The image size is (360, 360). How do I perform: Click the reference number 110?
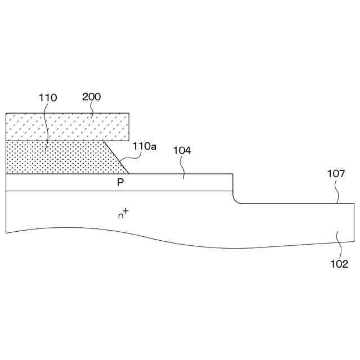click(x=48, y=98)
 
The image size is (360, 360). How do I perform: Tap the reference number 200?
click(x=92, y=97)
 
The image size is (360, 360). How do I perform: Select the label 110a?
click(x=145, y=146)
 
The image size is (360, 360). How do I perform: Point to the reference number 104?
click(x=182, y=151)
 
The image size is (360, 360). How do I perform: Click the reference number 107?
click(x=336, y=174)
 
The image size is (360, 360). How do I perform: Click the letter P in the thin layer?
click(x=120, y=183)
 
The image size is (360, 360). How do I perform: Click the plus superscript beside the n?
click(x=126, y=211)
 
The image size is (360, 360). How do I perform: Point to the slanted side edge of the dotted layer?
click(x=116, y=157)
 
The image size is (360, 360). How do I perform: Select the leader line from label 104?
click(x=183, y=168)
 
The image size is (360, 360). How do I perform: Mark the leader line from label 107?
click(x=337, y=195)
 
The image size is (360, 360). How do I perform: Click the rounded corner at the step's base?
click(x=236, y=201)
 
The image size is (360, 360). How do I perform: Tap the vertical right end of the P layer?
click(x=233, y=183)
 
